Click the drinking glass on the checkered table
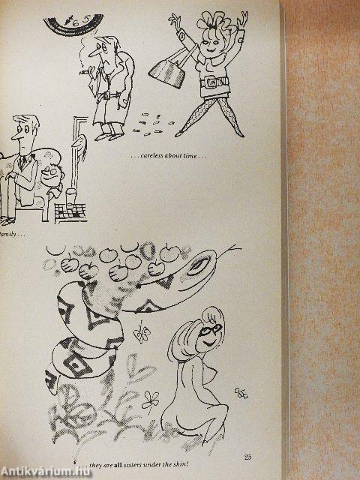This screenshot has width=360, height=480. point(70,199)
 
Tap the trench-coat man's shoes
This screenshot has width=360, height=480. point(109,135)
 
